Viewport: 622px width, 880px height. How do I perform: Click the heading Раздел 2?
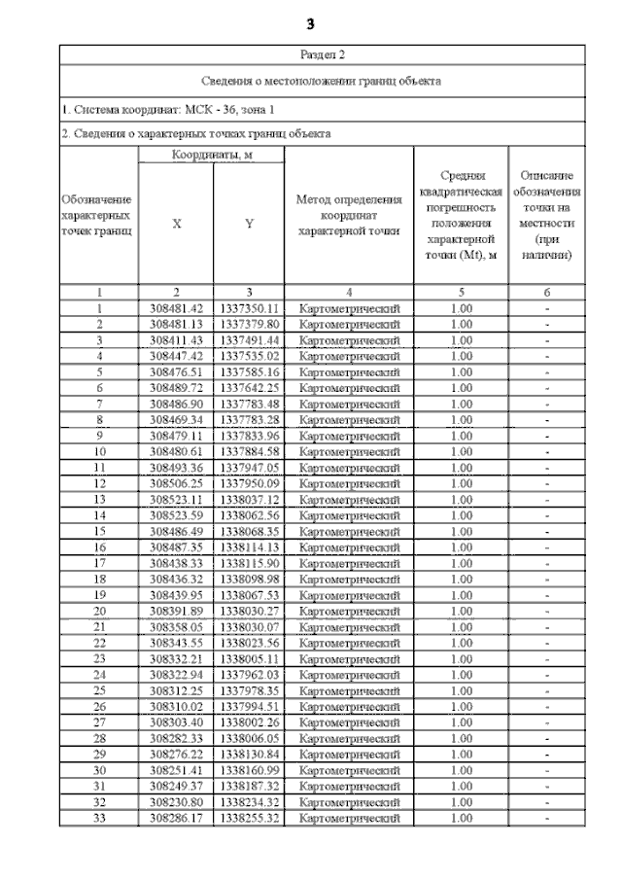click(x=322, y=54)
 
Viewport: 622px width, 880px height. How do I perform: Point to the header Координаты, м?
click(x=212, y=156)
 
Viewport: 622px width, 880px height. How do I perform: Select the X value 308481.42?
click(x=176, y=308)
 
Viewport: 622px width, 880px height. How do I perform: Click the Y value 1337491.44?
click(x=249, y=340)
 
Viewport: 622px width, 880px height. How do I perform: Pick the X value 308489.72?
click(x=176, y=387)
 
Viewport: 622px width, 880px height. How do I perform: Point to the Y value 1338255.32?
click(x=249, y=818)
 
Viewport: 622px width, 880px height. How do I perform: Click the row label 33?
click(x=99, y=818)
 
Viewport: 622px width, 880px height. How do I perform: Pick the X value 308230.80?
click(x=176, y=802)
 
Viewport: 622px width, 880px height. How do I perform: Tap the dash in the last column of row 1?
click(x=548, y=308)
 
